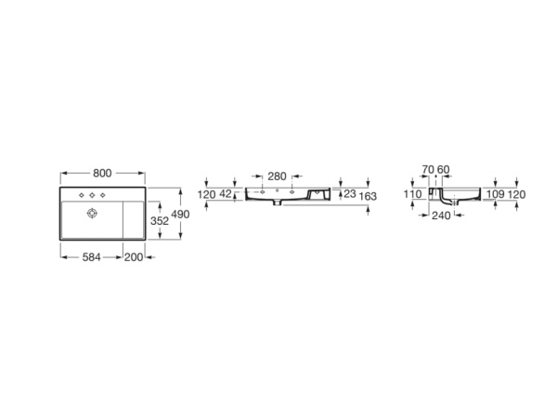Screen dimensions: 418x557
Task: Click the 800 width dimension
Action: (102, 174)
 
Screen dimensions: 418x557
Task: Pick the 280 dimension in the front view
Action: (277, 176)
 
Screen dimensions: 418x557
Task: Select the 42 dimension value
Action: (225, 194)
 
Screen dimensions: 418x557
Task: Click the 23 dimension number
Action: (349, 194)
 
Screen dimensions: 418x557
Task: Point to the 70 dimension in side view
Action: (427, 169)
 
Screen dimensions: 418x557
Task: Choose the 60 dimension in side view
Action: (443, 169)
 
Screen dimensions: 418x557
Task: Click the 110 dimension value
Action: (413, 194)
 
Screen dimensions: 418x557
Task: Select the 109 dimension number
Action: (496, 194)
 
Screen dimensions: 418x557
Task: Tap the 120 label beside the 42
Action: (207, 194)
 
